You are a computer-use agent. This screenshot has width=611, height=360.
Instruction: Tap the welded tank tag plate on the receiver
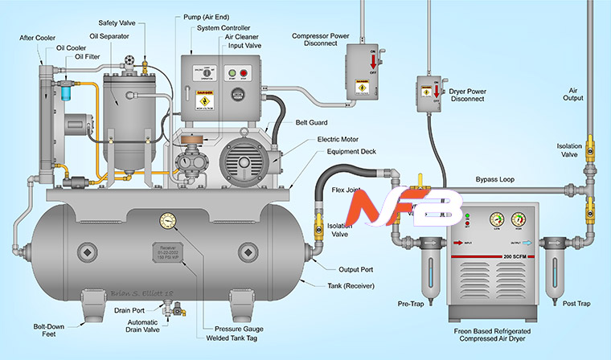[x=170, y=251]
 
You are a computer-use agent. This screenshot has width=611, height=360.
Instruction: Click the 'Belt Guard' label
[x=310, y=122]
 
